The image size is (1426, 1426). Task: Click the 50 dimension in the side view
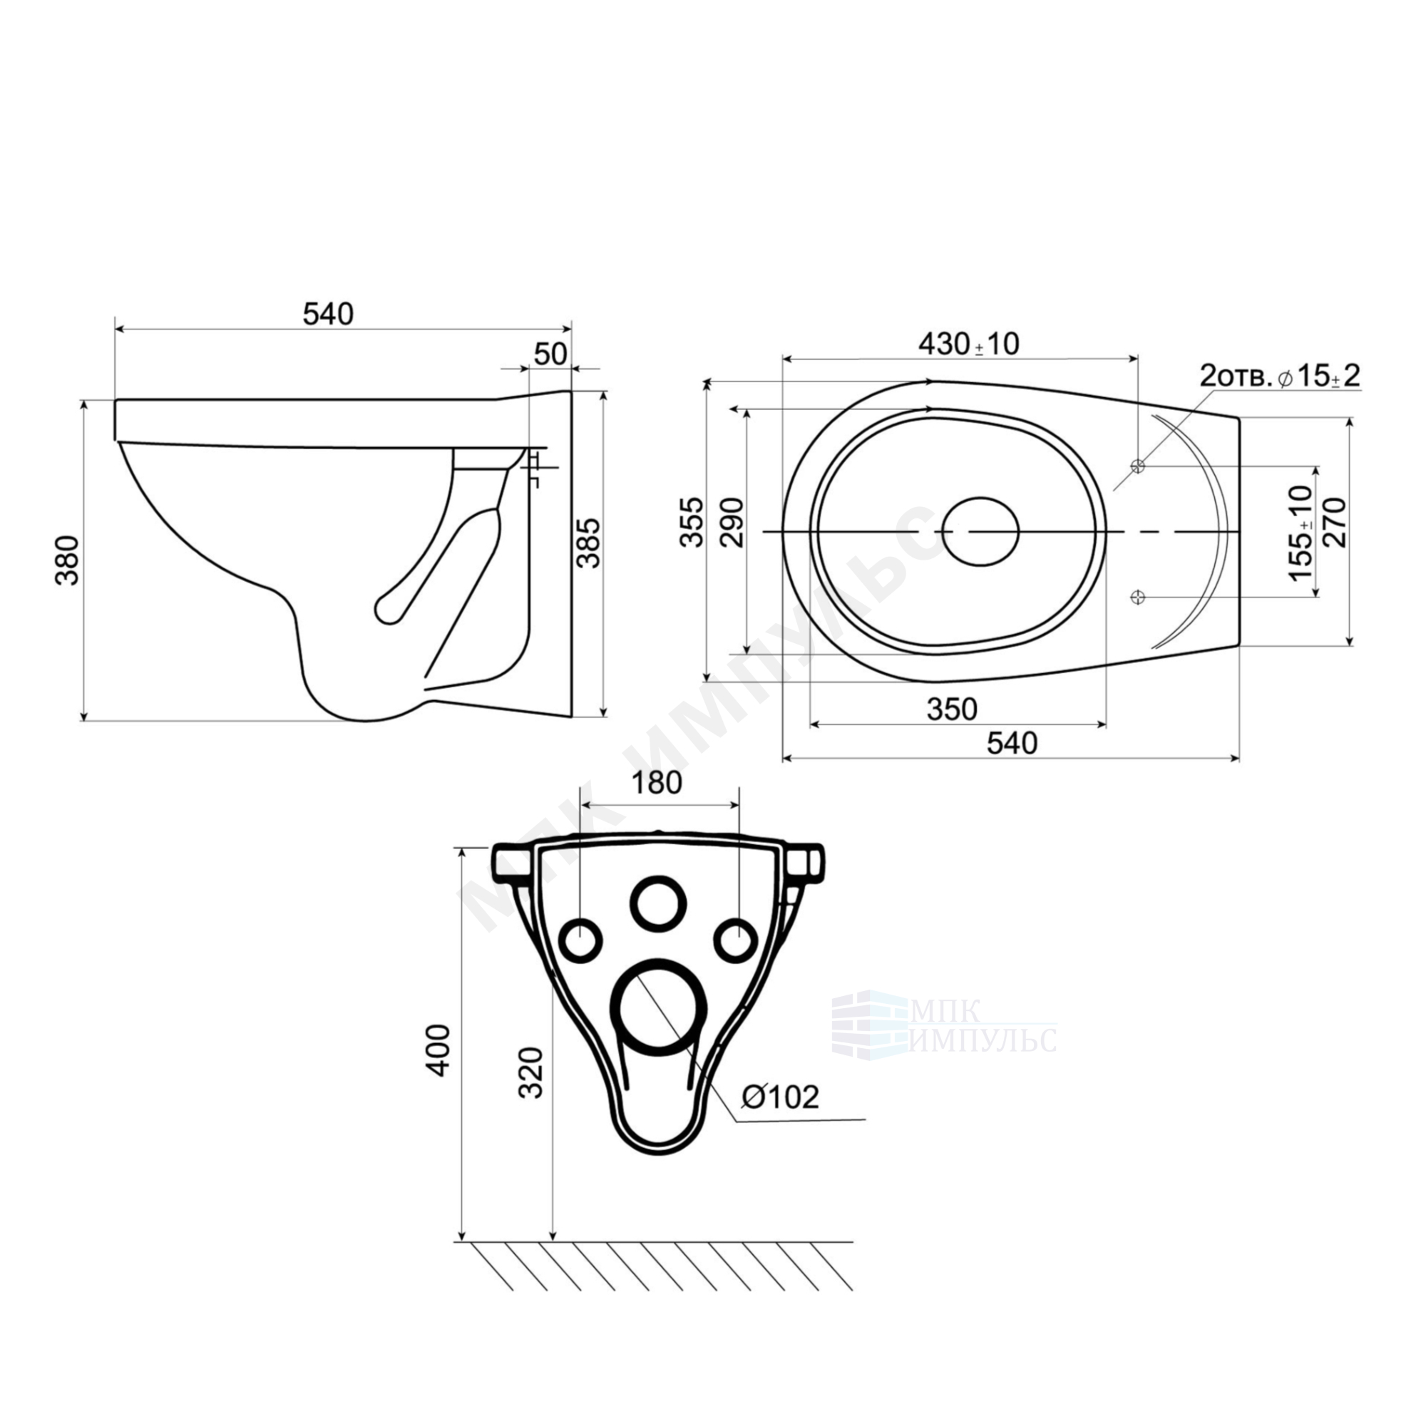[550, 354]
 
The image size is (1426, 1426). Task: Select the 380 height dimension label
[68, 560]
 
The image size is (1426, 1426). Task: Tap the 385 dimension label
[588, 543]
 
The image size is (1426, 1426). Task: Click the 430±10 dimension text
[968, 344]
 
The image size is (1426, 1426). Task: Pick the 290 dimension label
[732, 522]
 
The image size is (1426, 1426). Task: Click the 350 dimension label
[952, 709]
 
